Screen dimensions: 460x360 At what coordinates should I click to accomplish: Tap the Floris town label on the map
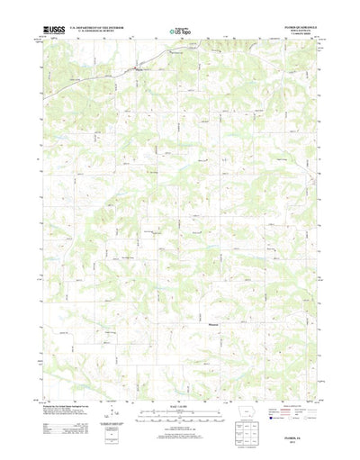tap(138, 67)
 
